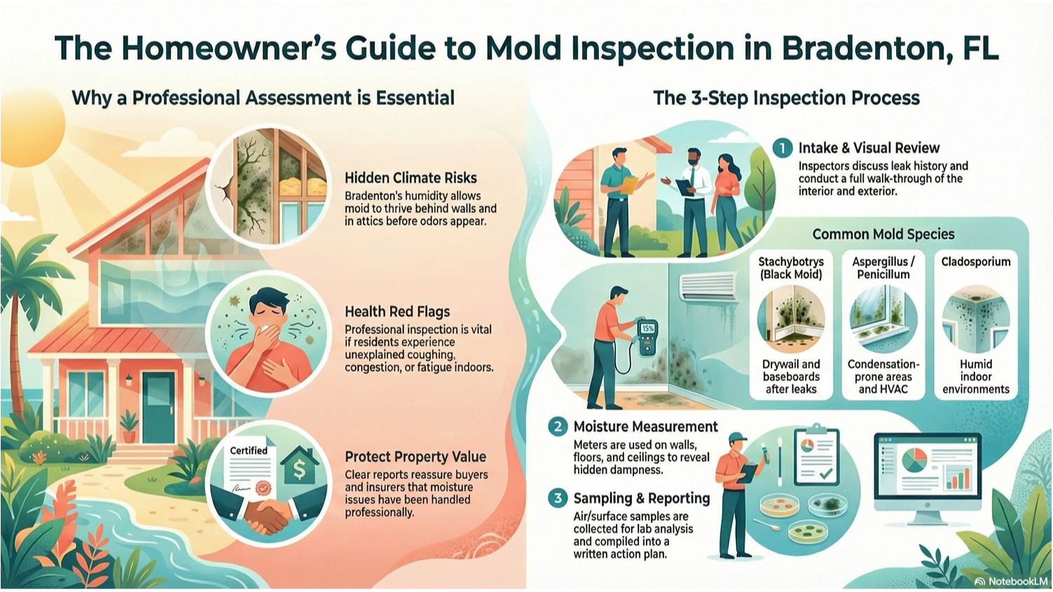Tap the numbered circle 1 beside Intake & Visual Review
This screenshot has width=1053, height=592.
(783, 148)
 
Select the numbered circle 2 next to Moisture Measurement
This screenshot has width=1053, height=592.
(558, 427)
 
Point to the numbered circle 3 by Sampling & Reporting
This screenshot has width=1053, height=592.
(558, 498)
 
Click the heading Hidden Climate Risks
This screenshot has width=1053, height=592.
(411, 178)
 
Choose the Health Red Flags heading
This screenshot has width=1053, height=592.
(397, 312)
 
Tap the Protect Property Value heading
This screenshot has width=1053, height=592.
(415, 457)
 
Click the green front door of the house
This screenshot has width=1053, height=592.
(158, 407)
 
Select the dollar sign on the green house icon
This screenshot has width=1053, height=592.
(300, 469)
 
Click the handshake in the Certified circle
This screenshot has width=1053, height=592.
(264, 516)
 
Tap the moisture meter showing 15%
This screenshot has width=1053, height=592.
(647, 337)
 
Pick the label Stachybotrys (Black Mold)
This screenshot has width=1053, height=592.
(791, 268)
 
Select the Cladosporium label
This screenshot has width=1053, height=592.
(976, 262)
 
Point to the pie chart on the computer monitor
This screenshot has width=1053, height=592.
(914, 460)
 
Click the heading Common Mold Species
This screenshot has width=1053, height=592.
(883, 234)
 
